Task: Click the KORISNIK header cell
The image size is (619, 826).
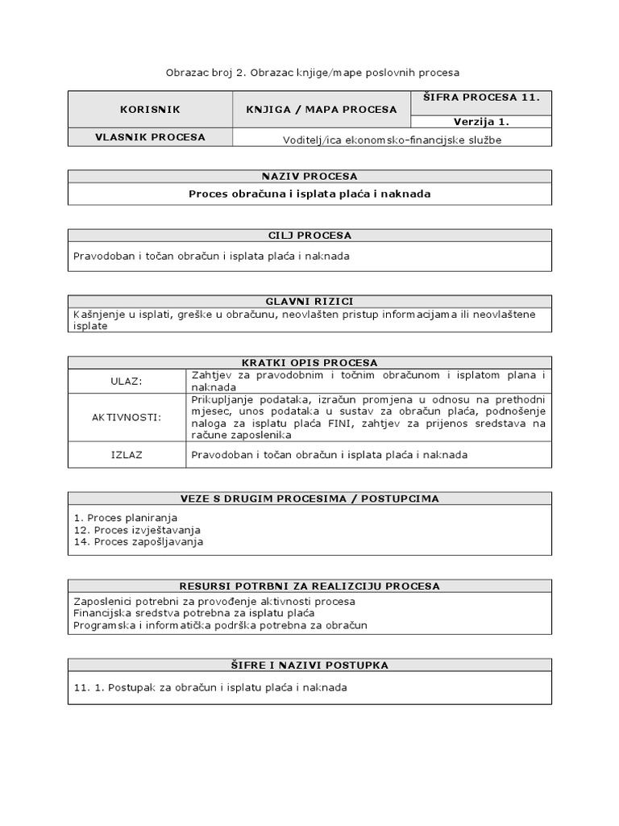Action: tap(150, 109)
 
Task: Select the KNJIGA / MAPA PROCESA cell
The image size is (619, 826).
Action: tap(322, 109)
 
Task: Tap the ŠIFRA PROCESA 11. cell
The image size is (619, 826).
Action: tap(481, 97)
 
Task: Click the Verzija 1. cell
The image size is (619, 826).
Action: tap(481, 122)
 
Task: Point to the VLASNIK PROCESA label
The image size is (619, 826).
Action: tap(150, 137)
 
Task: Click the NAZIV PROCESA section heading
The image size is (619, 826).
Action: tap(309, 176)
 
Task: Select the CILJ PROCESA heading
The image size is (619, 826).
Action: tap(309, 236)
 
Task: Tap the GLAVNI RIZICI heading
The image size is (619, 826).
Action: tap(309, 301)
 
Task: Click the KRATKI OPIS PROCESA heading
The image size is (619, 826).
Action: tap(309, 362)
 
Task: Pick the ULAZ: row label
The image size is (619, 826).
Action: tap(127, 381)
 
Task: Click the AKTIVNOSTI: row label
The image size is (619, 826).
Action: tap(127, 417)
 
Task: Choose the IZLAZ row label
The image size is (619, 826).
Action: tap(127, 455)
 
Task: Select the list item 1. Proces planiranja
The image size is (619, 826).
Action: tap(125, 517)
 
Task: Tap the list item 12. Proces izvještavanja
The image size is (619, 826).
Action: tap(137, 530)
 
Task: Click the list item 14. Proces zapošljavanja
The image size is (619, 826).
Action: tap(138, 542)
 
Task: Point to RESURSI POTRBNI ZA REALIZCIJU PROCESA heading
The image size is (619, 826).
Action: tap(309, 586)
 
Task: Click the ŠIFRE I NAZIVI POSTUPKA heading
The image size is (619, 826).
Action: tap(309, 665)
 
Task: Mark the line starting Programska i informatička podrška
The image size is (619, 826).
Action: tap(220, 625)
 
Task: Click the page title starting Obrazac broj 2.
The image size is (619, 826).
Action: tap(313, 73)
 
